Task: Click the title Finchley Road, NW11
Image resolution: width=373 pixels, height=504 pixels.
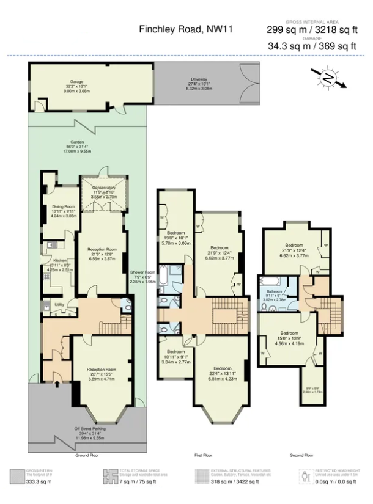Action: pyautogui.click(x=185, y=28)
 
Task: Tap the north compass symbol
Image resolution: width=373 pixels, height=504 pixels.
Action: pyautogui.click(x=328, y=78)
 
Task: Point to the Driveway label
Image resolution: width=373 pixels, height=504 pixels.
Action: pyautogui.click(x=199, y=79)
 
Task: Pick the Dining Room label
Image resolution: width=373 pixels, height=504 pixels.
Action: pyautogui.click(x=64, y=206)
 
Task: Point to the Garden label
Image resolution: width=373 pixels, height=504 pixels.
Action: pyautogui.click(x=76, y=142)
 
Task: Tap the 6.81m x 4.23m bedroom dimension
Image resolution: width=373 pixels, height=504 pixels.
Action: pyautogui.click(x=223, y=378)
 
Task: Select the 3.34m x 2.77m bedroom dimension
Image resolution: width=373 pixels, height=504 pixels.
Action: pyautogui.click(x=176, y=362)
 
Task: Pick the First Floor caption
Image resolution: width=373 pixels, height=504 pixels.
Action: pyautogui.click(x=203, y=455)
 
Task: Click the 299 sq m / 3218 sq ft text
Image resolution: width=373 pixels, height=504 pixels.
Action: pyautogui.click(x=304, y=29)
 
